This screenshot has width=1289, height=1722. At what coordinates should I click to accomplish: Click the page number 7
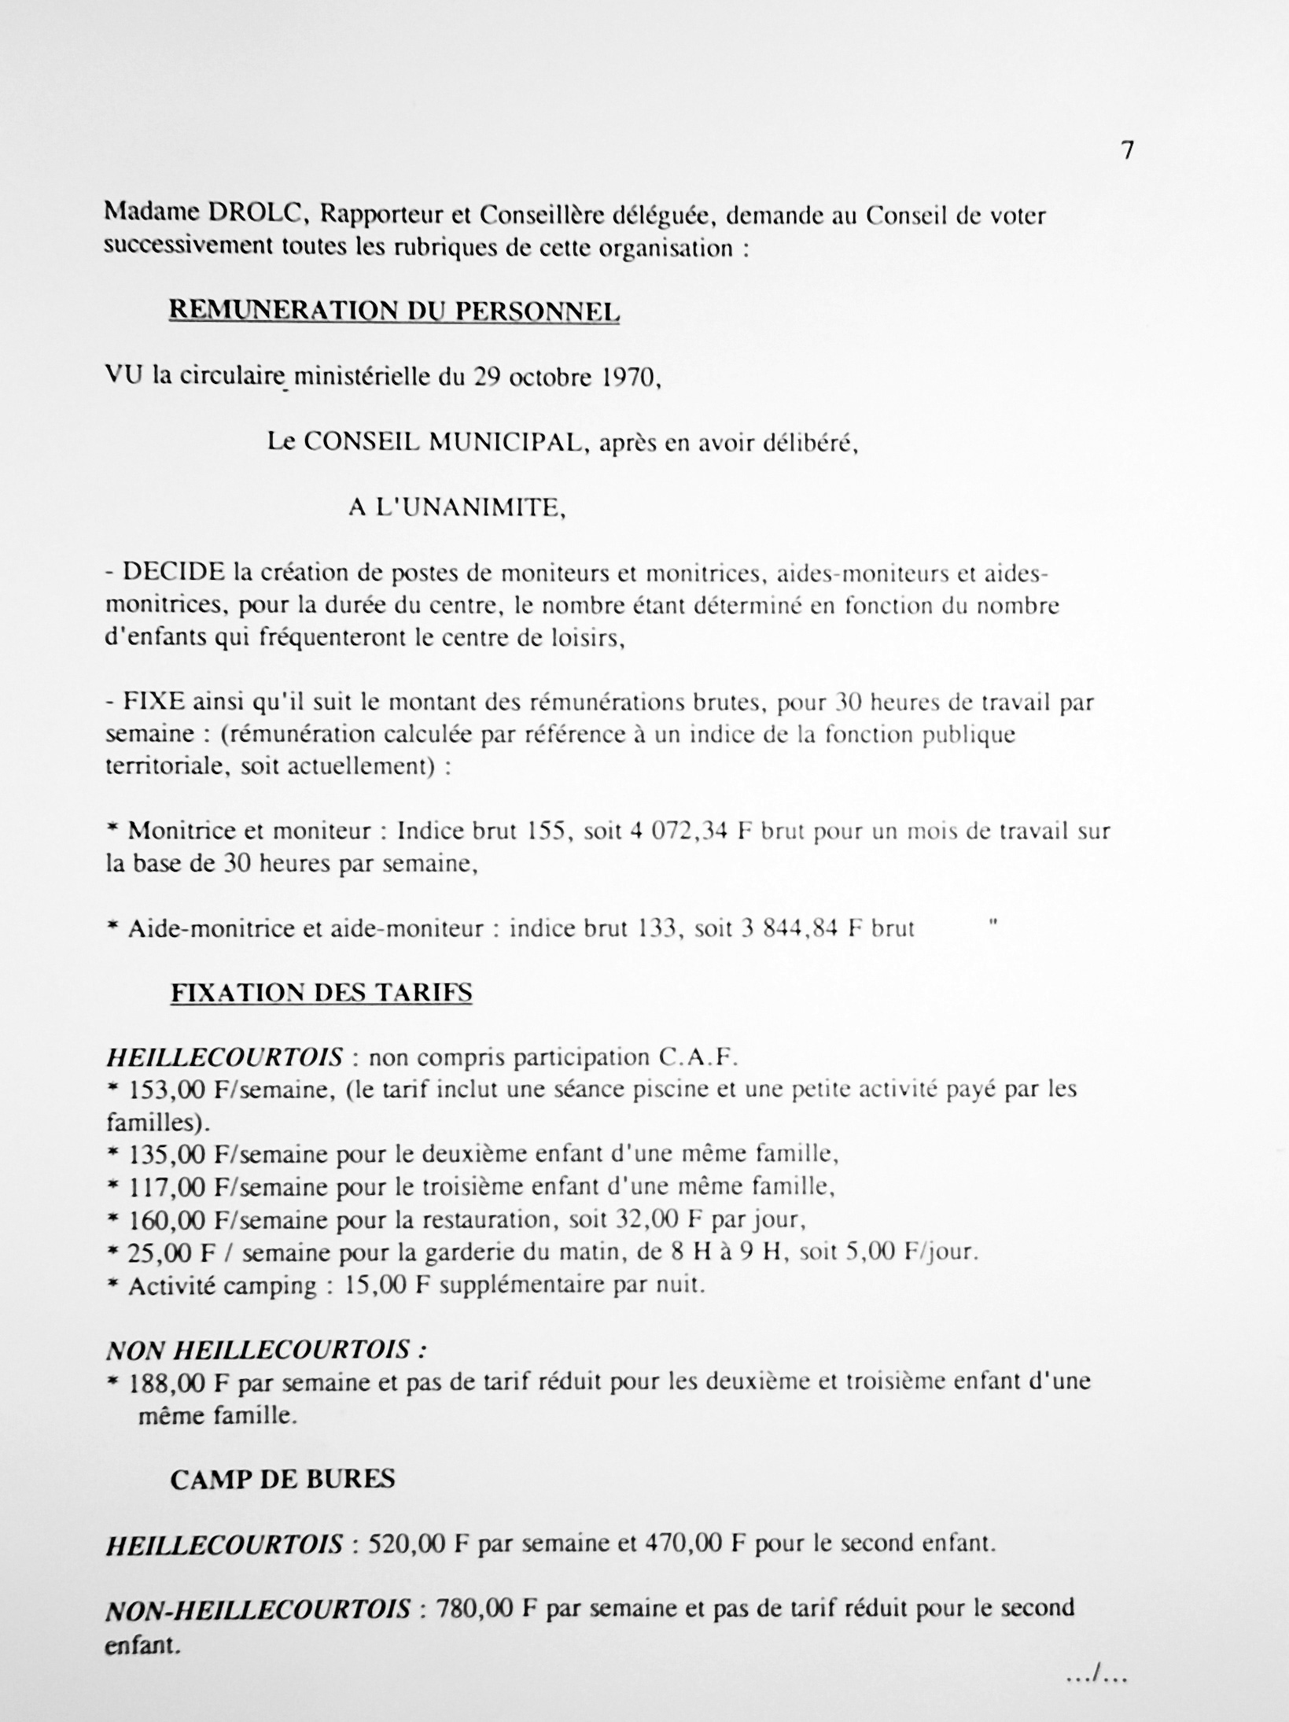(x=1127, y=151)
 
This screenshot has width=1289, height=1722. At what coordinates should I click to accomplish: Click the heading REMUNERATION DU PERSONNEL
(x=395, y=312)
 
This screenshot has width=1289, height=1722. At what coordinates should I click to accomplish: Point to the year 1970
(x=624, y=378)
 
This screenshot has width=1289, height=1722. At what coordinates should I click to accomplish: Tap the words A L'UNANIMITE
(x=457, y=508)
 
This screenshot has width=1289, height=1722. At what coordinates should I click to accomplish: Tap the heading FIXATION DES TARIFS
(x=322, y=993)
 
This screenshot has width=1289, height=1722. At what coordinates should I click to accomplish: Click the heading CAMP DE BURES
(x=282, y=1480)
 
